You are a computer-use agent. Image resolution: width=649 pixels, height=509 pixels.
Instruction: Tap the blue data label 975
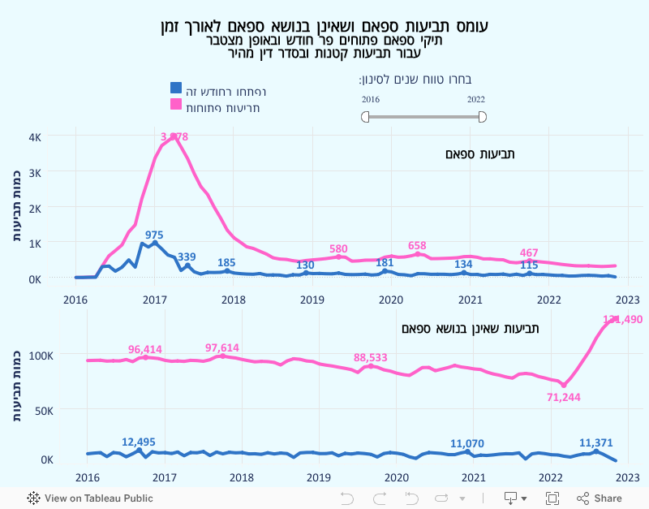(154, 235)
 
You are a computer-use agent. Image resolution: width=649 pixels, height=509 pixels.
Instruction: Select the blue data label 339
(187, 257)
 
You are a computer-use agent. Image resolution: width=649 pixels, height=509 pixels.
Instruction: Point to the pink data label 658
(417, 245)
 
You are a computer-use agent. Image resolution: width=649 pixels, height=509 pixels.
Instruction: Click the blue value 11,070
(466, 443)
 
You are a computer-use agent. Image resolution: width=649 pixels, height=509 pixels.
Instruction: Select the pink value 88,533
(371, 357)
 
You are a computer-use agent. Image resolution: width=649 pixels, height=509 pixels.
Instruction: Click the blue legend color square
(175, 88)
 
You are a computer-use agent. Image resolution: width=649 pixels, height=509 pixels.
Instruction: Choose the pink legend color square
(175, 104)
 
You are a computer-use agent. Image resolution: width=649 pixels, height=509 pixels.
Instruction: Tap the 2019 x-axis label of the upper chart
(312, 300)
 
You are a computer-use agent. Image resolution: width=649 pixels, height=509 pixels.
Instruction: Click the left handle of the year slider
(365, 117)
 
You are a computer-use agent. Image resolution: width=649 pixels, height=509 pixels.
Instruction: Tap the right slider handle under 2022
(482, 117)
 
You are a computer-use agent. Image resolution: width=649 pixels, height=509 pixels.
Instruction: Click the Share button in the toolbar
(600, 498)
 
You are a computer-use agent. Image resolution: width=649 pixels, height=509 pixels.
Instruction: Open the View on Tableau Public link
(90, 498)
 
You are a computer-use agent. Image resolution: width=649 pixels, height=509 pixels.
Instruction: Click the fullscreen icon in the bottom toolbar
(552, 498)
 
